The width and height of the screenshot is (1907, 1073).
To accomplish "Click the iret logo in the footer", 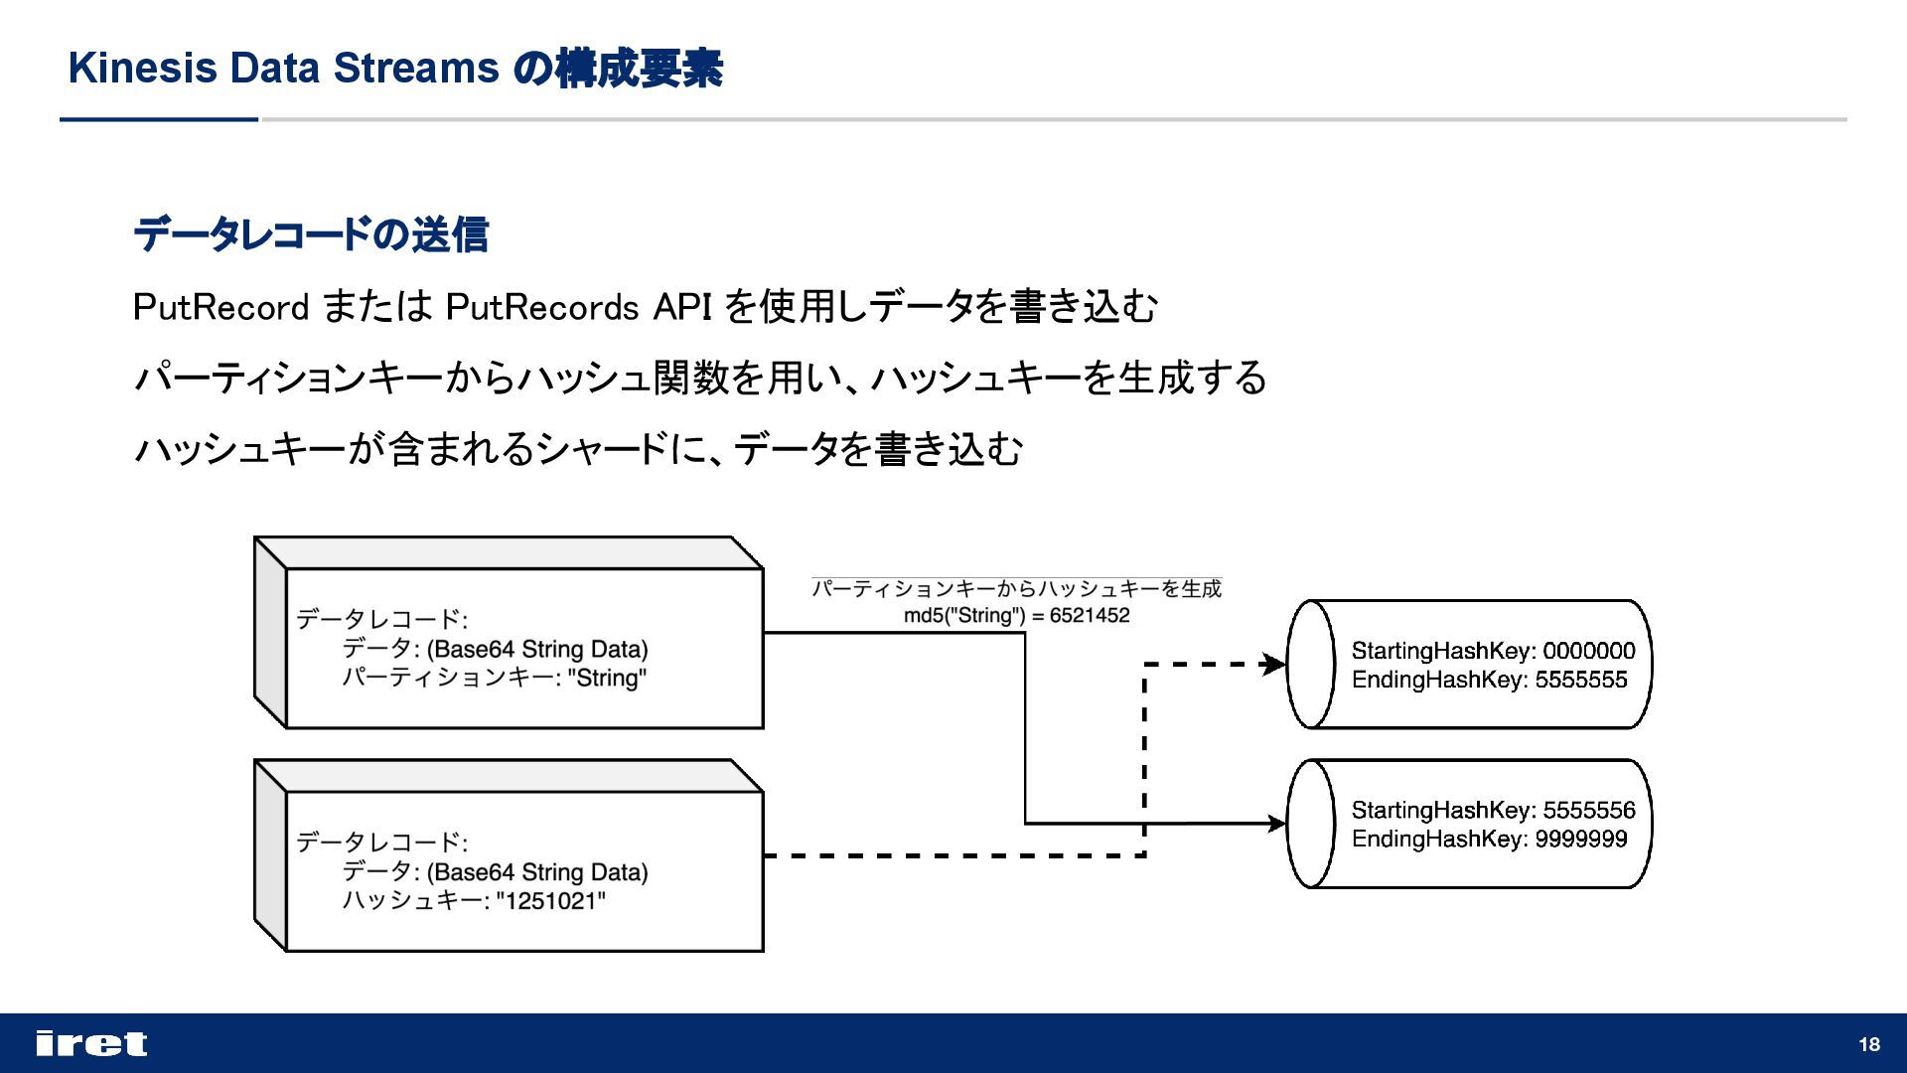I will point(91,1043).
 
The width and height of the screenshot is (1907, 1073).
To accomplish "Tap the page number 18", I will point(1869,1044).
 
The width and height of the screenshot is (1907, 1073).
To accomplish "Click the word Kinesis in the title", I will point(142,69).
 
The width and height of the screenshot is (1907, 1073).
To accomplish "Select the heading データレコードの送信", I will point(311,235).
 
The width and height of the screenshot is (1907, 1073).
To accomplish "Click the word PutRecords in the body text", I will point(541,307).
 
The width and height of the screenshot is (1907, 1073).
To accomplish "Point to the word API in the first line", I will point(682,307).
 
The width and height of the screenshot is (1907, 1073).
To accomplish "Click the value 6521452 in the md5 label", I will point(1090,616).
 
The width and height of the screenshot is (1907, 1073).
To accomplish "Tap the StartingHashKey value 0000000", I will point(1588,651).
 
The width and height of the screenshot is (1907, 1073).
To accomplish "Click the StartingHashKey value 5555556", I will point(1588,810).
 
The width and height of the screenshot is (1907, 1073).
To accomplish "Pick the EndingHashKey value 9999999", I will point(1581,839).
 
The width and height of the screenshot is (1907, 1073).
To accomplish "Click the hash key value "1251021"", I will point(551,901).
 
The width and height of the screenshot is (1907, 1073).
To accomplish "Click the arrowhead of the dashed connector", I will point(1274,664).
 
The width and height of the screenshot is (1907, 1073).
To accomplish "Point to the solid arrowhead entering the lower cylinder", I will point(1275,824).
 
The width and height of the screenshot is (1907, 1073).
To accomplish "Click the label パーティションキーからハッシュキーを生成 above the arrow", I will point(1016,589).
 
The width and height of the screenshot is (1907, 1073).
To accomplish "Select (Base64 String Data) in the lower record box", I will point(537,872).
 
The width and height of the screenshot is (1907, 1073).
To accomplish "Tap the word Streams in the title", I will point(415,69).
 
